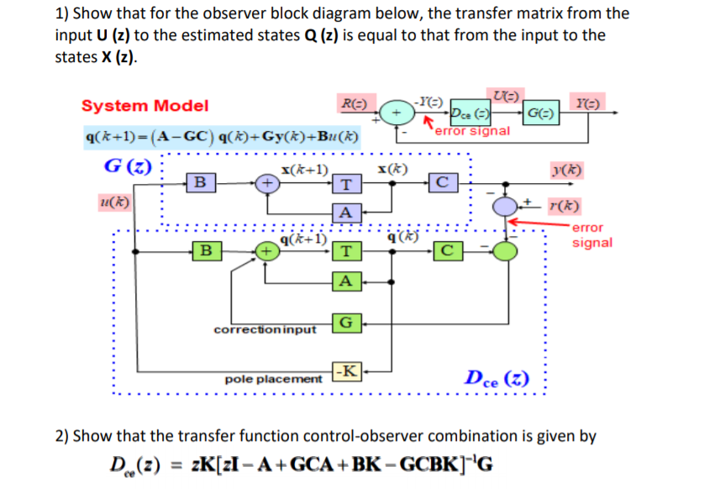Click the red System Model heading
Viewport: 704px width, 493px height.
point(144,106)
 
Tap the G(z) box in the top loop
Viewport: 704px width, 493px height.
point(539,113)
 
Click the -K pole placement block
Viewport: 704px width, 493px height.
point(348,371)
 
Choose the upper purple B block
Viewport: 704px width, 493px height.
point(200,181)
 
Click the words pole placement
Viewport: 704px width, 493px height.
point(274,380)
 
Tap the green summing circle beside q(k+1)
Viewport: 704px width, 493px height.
point(266,249)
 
